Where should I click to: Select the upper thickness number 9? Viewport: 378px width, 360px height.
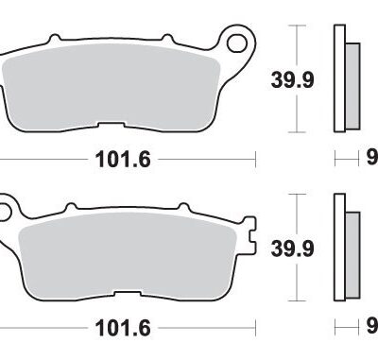pyautogui.click(x=372, y=158)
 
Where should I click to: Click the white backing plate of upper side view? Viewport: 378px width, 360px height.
pyautogui.click(x=338, y=79)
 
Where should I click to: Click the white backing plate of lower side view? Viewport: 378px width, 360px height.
pyautogui.click(x=338, y=249)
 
